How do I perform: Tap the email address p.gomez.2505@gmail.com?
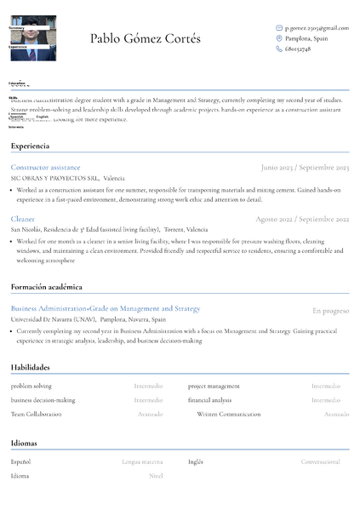(317, 28)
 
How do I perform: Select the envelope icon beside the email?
(279, 28)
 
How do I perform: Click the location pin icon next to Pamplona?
(279, 38)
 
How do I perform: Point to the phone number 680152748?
(298, 49)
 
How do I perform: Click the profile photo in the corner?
(32, 39)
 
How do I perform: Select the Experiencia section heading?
(31, 146)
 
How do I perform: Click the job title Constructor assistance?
(46, 168)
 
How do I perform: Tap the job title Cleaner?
(23, 219)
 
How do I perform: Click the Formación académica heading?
(47, 287)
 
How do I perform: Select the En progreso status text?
(330, 311)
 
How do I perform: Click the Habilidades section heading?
(31, 367)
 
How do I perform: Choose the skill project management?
(214, 387)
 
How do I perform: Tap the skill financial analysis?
(209, 400)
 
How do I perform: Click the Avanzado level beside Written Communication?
(336, 414)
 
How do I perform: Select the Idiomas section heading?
(24, 443)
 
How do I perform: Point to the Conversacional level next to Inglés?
(320, 462)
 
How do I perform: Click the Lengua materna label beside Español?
(142, 462)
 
